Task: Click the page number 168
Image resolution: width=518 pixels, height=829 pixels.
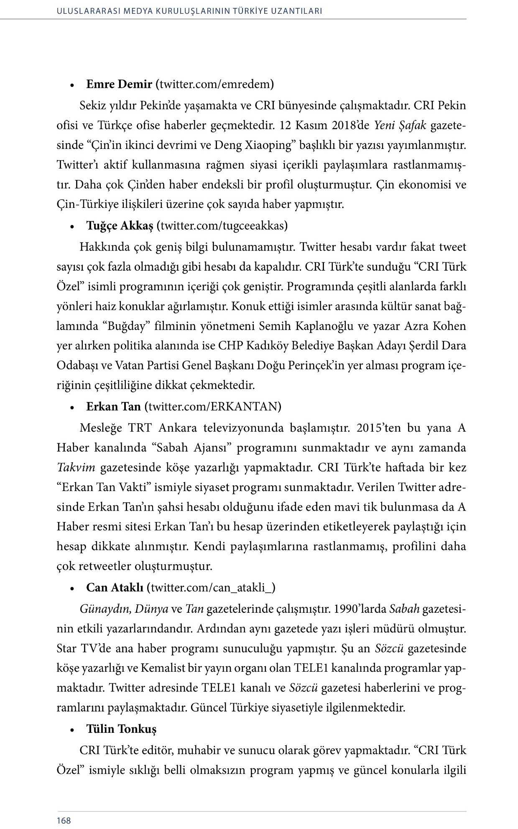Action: click(64, 821)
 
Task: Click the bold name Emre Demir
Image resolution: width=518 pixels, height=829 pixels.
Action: click(119, 84)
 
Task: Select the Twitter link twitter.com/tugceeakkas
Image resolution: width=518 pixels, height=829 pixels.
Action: click(222, 226)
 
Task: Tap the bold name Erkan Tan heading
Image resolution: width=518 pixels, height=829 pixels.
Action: click(113, 406)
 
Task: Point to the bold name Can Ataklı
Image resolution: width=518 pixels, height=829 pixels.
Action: click(115, 587)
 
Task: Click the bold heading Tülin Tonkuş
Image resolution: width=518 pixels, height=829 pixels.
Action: click(121, 729)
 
